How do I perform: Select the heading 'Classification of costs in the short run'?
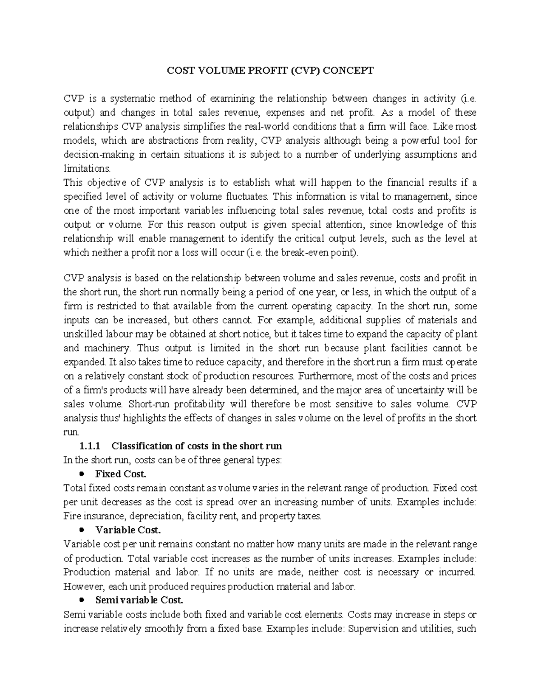(x=197, y=446)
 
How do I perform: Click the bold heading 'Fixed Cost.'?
(x=121, y=474)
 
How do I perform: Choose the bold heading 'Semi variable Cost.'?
(x=139, y=600)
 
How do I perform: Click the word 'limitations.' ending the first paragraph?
(x=87, y=169)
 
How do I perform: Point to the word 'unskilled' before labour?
(x=82, y=334)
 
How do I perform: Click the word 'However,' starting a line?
(x=81, y=586)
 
